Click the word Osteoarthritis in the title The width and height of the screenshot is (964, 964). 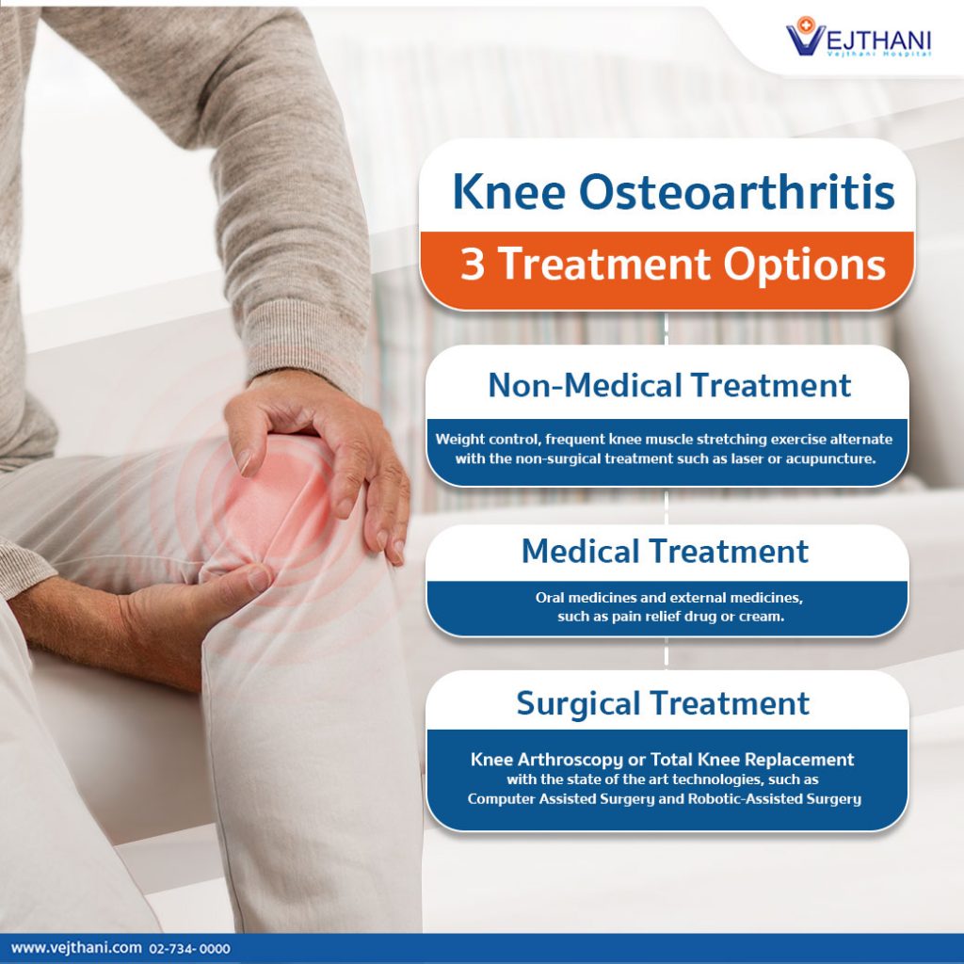pyautogui.click(x=736, y=191)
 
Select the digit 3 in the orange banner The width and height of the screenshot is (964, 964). pyautogui.click(x=473, y=265)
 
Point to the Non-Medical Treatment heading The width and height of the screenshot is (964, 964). pyautogui.click(x=668, y=385)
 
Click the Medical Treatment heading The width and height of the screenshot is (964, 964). pyautogui.click(x=665, y=551)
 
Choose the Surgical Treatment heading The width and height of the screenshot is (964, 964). pyautogui.click(x=663, y=703)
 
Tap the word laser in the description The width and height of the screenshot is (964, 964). pyautogui.click(x=735, y=459)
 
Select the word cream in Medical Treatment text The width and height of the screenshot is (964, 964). pyautogui.click(x=763, y=617)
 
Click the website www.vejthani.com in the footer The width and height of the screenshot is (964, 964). pyautogui.click(x=76, y=948)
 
